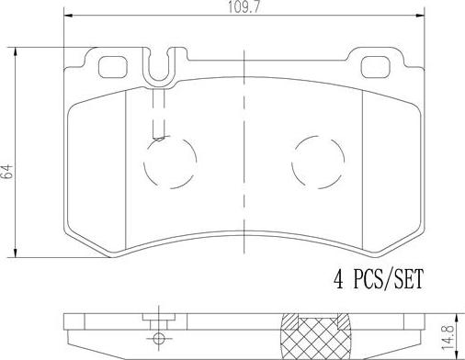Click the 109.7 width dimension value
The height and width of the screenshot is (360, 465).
point(244,6)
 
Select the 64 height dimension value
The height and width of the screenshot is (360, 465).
point(7,171)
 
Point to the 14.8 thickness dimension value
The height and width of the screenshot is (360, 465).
point(448,338)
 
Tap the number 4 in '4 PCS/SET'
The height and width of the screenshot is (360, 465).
point(338,279)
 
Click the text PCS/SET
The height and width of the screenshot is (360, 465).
point(388,279)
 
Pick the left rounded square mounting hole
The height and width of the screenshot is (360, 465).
point(112,67)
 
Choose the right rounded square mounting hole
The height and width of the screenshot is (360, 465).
point(375,67)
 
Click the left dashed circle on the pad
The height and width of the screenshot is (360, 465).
point(170,163)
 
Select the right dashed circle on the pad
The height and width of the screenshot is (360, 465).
point(318,163)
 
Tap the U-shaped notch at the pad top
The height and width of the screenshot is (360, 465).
point(159,80)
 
